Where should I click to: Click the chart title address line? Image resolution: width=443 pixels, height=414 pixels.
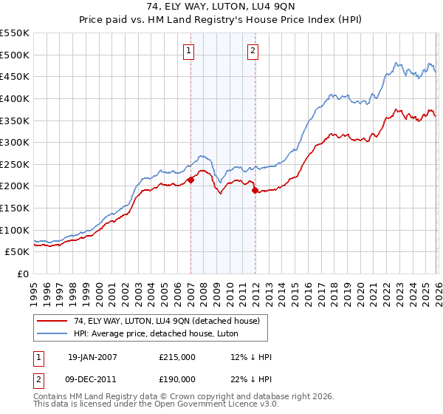[x=221, y=7]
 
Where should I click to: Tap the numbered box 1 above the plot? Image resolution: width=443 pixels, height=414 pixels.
[x=189, y=51]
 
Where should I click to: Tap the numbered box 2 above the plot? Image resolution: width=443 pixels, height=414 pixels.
[x=253, y=51]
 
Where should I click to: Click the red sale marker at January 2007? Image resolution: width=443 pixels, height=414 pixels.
[x=190, y=179]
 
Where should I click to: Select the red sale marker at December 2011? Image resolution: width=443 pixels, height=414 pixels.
[x=255, y=190]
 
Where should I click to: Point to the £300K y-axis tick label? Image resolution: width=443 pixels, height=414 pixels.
[x=15, y=142]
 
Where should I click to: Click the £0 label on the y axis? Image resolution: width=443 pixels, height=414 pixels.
[x=22, y=274]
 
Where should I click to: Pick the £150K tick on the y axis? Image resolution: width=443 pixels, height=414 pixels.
[x=15, y=208]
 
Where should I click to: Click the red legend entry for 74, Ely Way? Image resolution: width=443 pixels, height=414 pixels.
[x=166, y=321]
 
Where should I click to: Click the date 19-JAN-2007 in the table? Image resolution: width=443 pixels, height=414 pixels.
[x=92, y=357]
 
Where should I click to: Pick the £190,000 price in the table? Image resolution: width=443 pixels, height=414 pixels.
[x=176, y=379]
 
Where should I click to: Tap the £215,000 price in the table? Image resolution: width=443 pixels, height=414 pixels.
[x=176, y=357]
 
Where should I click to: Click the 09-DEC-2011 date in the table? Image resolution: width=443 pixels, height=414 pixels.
[x=92, y=379]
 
